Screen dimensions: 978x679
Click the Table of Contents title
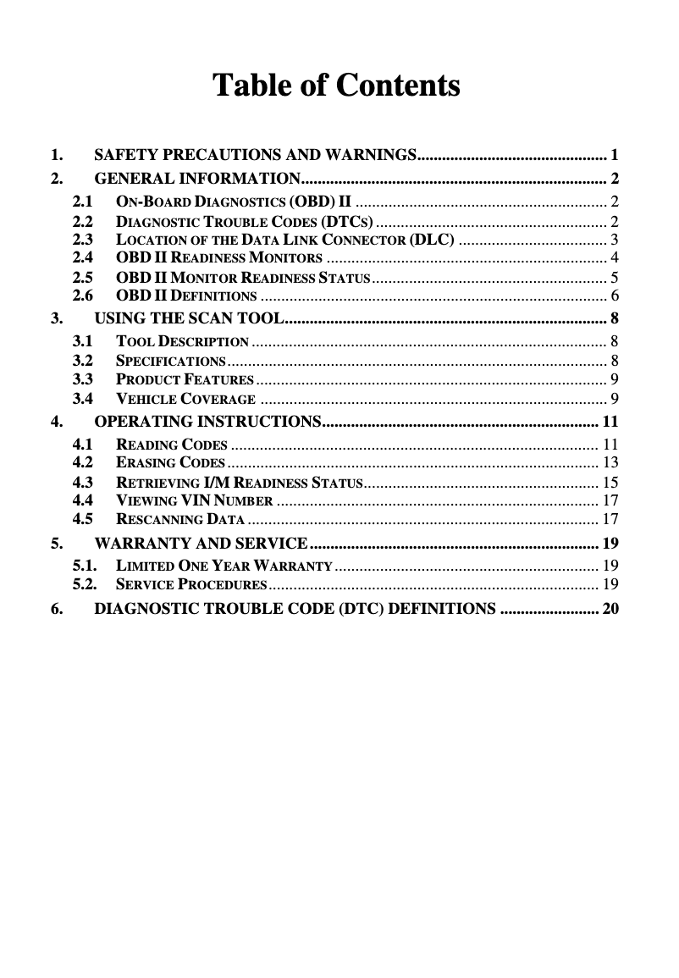336,86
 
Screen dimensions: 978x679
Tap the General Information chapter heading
197,179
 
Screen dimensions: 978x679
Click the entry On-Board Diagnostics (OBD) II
234,202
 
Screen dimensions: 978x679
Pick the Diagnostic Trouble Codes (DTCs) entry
244,222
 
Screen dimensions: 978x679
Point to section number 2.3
83,240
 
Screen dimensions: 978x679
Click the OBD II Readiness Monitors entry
218,257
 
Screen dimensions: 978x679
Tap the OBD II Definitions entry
186,296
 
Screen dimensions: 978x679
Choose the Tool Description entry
182,342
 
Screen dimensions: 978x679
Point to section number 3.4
83,398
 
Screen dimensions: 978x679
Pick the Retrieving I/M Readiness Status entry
239,483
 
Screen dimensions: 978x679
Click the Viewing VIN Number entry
194,500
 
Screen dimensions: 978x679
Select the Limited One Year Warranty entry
224,565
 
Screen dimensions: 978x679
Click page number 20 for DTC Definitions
610,609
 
